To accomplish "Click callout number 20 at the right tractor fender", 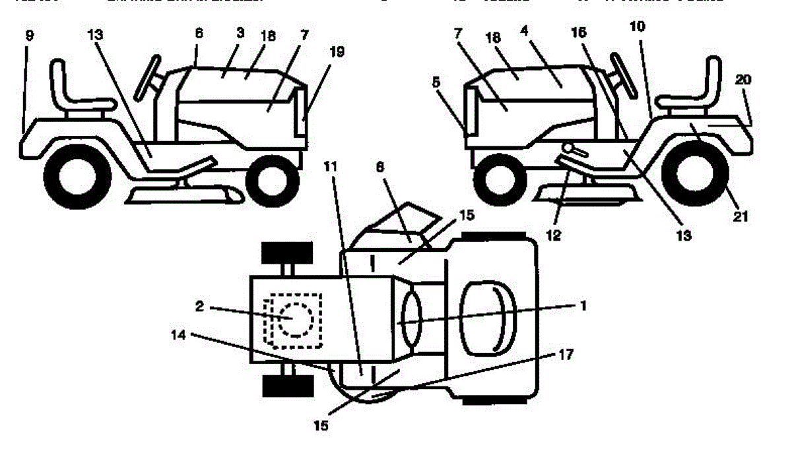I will [742, 79].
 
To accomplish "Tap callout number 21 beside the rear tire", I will [741, 216].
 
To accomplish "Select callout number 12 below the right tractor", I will [553, 235].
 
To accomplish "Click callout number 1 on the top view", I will [583, 305].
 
